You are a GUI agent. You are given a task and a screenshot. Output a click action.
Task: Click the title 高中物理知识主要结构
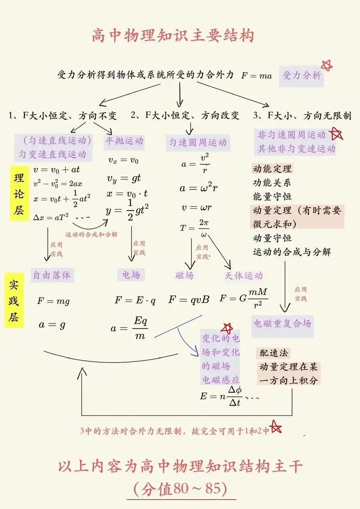[173, 35]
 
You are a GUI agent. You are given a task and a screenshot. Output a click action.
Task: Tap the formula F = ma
[256, 76]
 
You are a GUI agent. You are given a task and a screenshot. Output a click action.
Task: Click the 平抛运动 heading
[124, 141]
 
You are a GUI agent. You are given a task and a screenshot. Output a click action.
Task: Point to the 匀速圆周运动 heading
[198, 143]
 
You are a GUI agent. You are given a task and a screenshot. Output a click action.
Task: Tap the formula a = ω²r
[198, 188]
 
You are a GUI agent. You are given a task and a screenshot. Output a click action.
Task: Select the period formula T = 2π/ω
[194, 228]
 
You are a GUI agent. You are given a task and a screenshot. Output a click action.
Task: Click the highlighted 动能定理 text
[272, 169]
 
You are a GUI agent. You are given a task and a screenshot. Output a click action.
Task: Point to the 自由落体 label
[52, 275]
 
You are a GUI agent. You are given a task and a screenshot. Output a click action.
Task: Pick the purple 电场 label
[131, 275]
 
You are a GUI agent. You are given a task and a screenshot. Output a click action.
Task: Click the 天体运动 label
[243, 275]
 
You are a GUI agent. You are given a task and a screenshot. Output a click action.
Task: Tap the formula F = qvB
[189, 299]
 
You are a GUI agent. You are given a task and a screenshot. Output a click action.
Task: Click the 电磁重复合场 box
[282, 324]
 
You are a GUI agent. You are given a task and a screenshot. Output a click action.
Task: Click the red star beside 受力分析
[327, 66]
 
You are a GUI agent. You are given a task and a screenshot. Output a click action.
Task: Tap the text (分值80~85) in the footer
[180, 488]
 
